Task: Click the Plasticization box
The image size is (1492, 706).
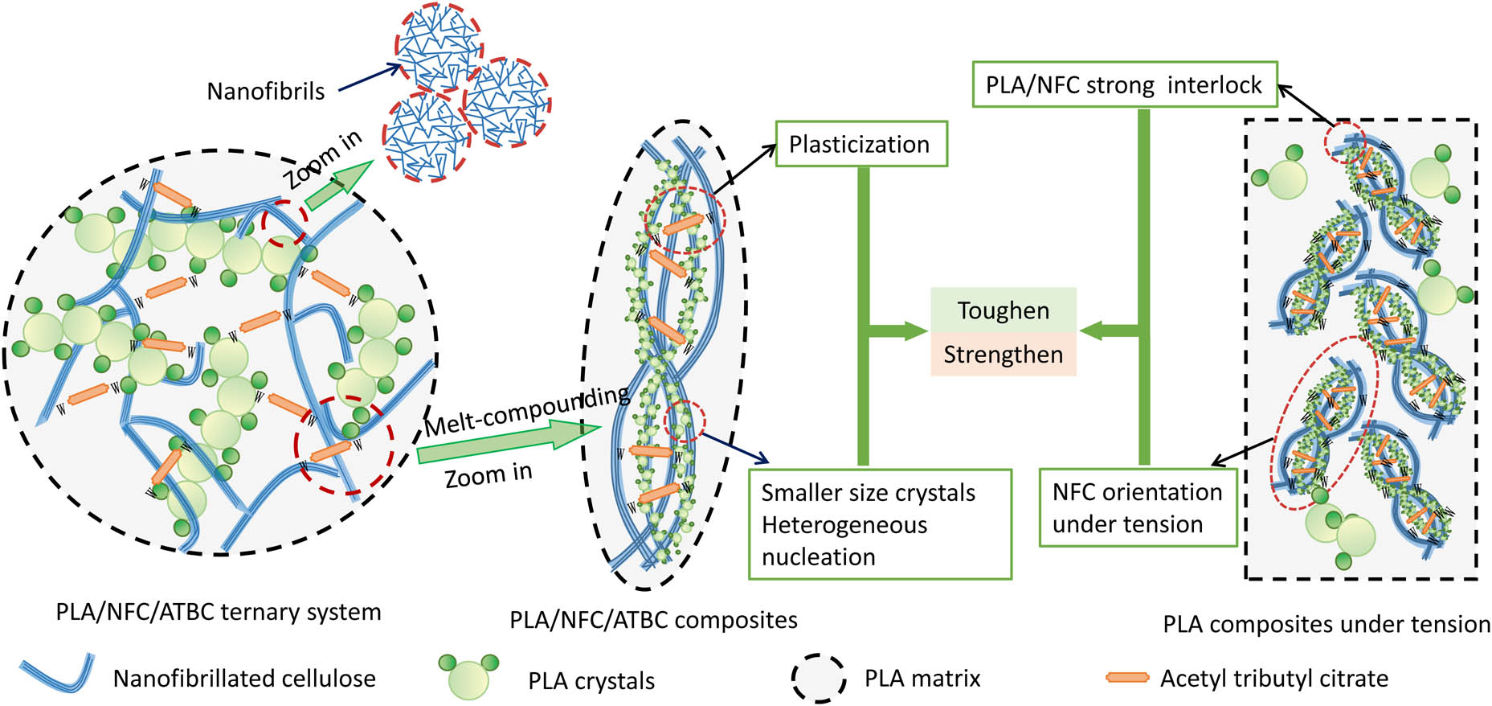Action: (860, 144)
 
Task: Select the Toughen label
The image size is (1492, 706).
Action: (1003, 310)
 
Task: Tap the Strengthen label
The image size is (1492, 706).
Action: (1003, 355)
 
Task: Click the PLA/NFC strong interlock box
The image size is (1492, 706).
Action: (1124, 84)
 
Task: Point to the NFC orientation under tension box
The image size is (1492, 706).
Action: (1137, 508)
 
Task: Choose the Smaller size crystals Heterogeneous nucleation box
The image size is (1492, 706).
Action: (879, 524)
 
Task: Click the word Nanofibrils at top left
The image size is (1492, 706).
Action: (266, 91)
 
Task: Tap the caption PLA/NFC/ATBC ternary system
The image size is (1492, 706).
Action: (218, 612)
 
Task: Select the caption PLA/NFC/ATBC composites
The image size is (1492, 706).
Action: (653, 620)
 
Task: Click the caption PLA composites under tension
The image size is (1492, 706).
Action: (1326, 624)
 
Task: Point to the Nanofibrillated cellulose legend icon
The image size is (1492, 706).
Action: (56, 674)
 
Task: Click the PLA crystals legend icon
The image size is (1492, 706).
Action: (468, 676)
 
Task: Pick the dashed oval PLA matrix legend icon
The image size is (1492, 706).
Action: (818, 679)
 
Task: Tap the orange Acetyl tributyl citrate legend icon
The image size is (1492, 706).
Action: (1127, 678)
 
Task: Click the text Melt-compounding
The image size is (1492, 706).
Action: (526, 412)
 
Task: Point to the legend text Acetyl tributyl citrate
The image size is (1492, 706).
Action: (1273, 679)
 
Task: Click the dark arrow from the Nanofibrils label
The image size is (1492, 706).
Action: (369, 79)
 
